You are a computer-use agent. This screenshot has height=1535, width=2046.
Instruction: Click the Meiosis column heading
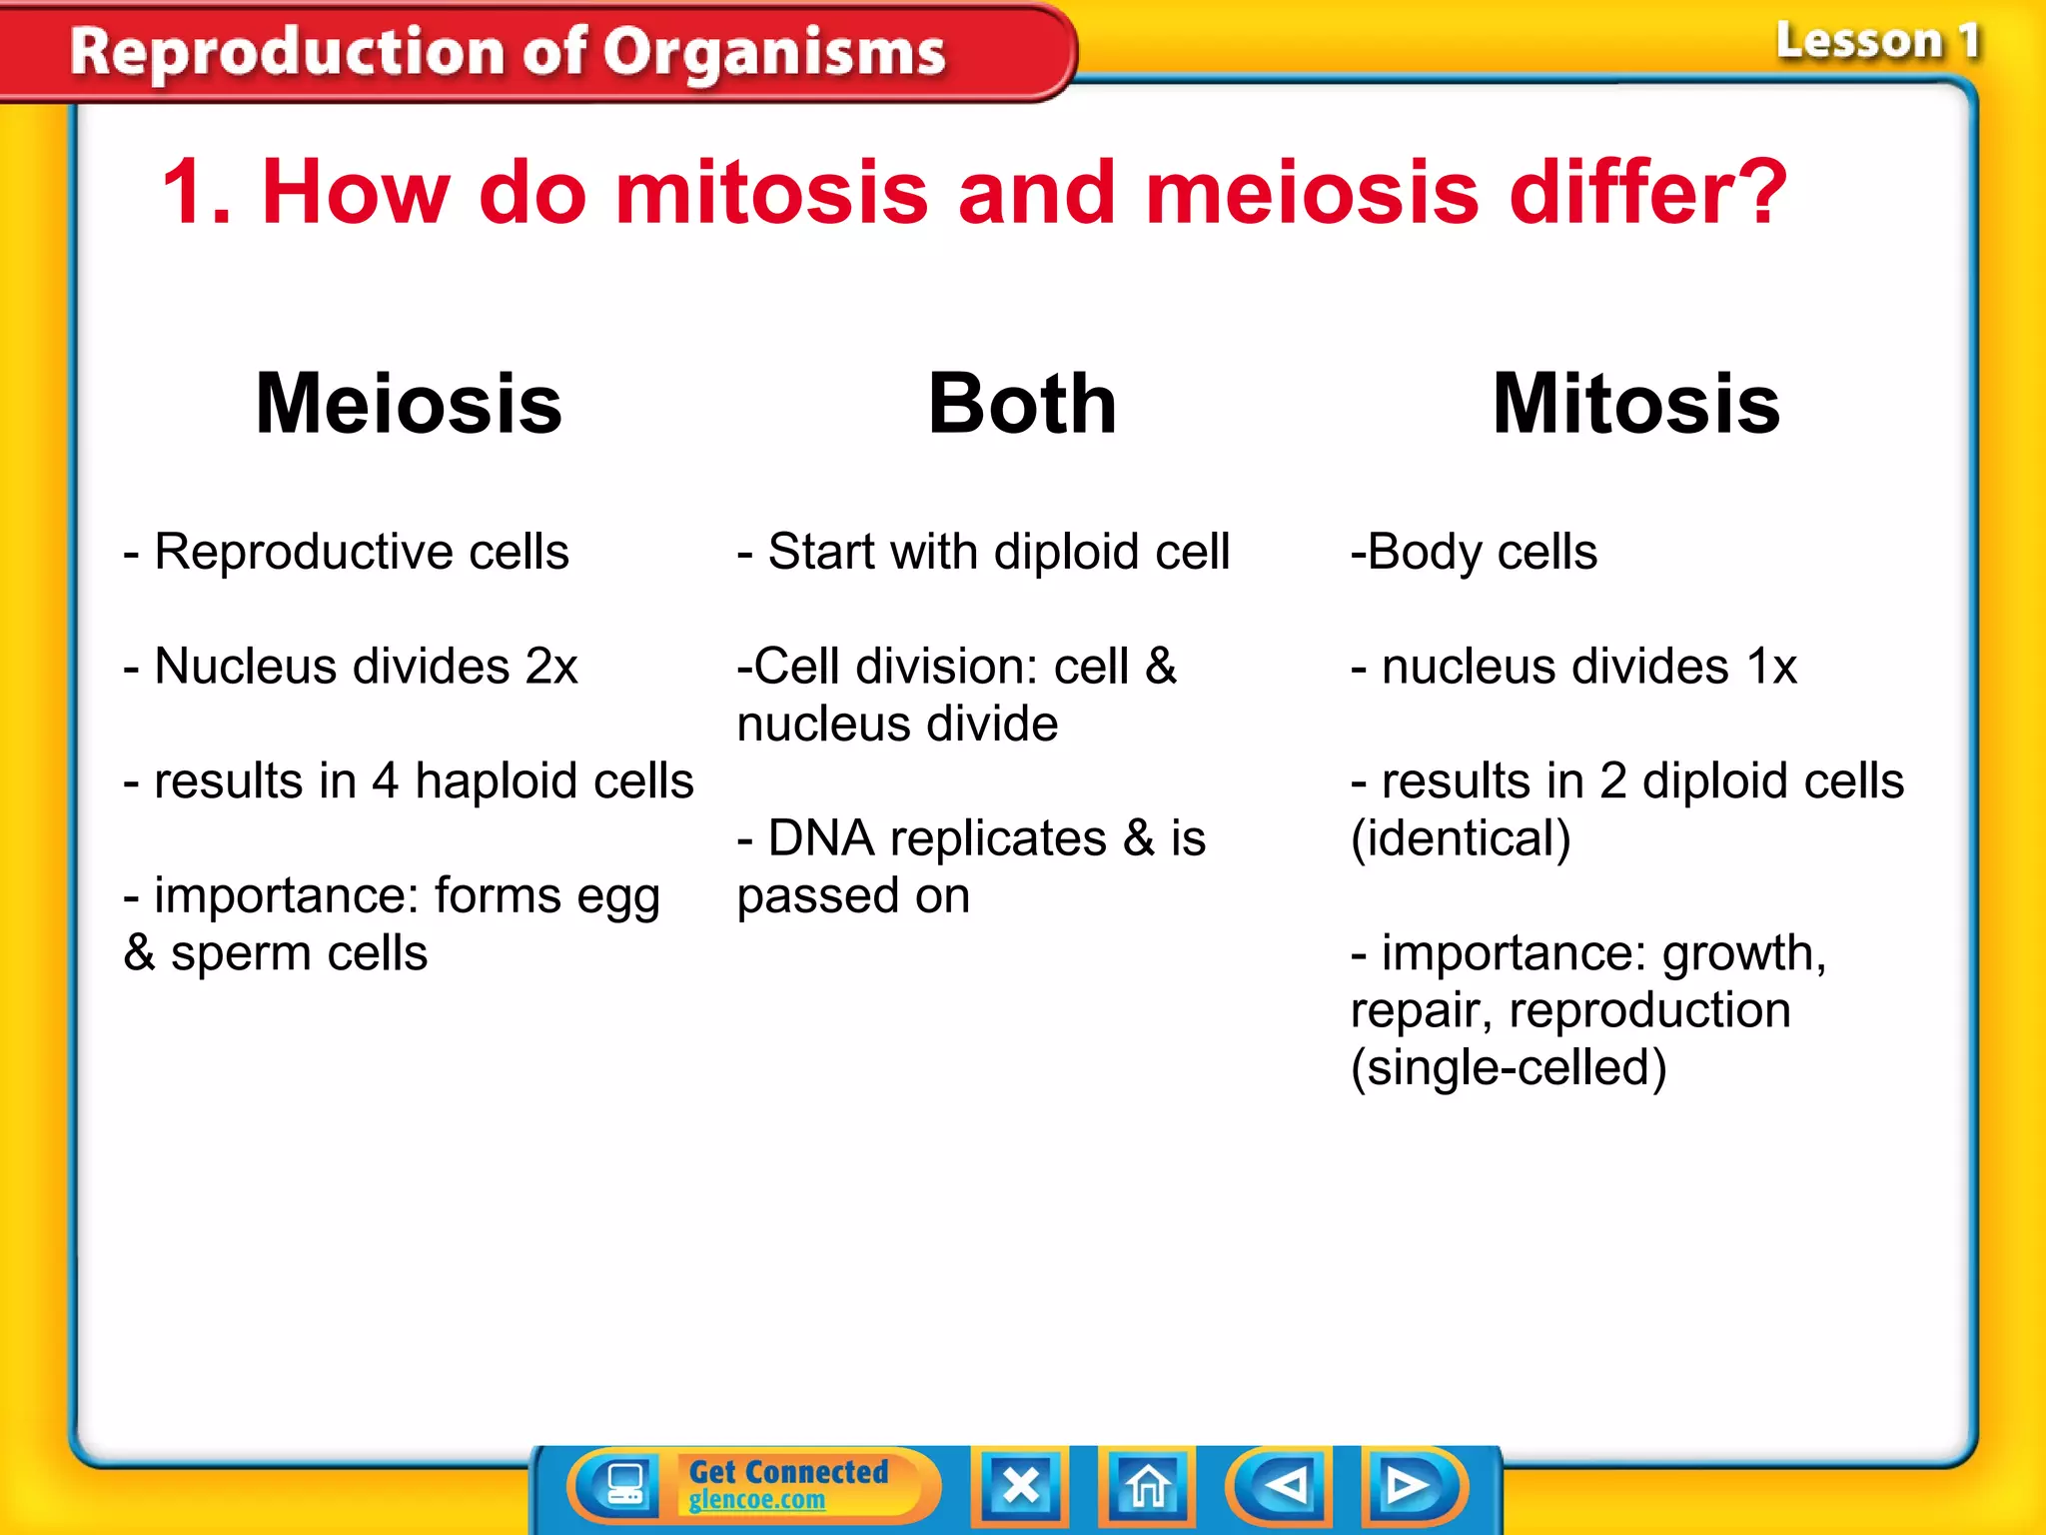coord(409,404)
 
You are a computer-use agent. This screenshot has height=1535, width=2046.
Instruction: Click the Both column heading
coord(1021,404)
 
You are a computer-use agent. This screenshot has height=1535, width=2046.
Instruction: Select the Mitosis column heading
coord(1635,404)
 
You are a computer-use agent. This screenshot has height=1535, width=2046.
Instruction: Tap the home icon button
coord(1147,1486)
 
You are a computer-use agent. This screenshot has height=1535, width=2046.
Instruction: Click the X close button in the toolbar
coord(1020,1486)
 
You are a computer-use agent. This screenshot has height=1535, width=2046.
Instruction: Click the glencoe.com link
coord(756,1500)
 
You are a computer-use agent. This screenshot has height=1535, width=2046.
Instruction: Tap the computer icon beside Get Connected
coord(625,1484)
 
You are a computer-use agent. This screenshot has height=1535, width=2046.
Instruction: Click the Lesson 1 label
coord(1876,42)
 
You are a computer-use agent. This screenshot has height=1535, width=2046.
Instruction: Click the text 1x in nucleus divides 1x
coord(1770,667)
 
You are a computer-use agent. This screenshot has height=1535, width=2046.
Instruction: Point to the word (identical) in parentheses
coord(1460,838)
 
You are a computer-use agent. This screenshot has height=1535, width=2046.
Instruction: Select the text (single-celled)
coord(1508,1068)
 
